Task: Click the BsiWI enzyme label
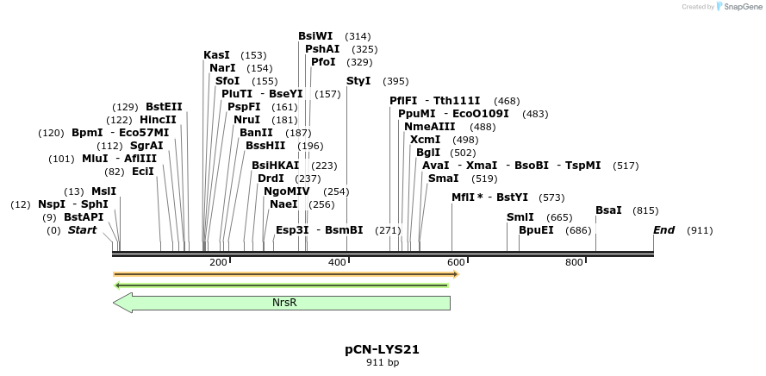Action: [315, 36]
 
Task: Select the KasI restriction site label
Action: [216, 55]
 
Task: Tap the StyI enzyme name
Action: [358, 81]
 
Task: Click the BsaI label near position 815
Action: [608, 210]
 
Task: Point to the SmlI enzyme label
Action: [520, 217]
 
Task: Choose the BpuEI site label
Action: [536, 230]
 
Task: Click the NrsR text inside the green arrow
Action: [284, 303]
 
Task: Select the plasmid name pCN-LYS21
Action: [382, 350]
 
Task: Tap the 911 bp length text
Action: [383, 362]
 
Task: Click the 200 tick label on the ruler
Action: [218, 262]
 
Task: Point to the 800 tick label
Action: [575, 262]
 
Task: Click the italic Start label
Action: [82, 230]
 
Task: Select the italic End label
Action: [663, 230]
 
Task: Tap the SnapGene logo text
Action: [740, 7]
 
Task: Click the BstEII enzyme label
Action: [164, 107]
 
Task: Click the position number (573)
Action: [551, 197]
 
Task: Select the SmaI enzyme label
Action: [443, 179]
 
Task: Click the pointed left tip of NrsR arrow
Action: [115, 303]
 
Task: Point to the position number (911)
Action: [700, 230]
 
